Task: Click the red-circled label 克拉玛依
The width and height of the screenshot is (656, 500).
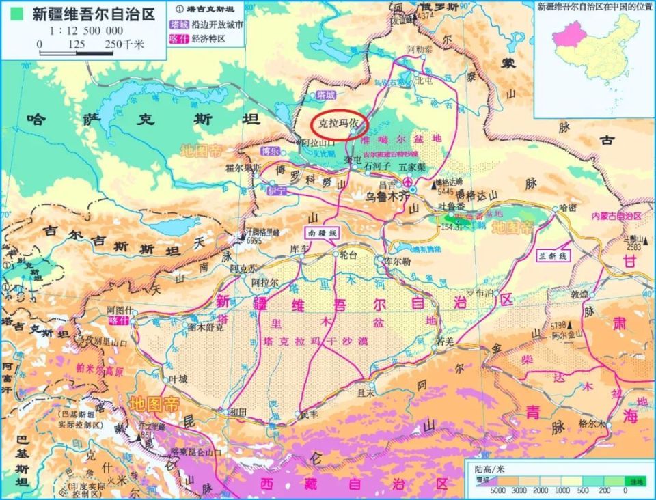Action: tap(340, 126)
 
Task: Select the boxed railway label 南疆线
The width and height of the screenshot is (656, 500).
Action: tap(323, 233)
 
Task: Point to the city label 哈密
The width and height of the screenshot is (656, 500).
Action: tap(568, 206)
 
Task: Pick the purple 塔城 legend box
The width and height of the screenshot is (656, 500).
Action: tap(178, 25)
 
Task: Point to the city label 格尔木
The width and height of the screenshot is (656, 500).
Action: tap(592, 423)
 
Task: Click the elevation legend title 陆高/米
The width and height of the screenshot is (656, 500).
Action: tap(490, 469)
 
